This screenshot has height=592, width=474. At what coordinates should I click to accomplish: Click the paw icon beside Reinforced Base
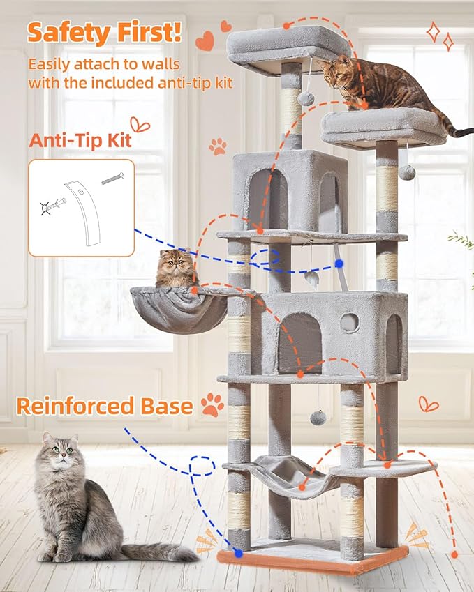pos(212,404)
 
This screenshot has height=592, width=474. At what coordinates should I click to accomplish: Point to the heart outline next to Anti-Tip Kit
pos(140,126)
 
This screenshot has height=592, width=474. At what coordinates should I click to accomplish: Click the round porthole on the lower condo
pos(349,322)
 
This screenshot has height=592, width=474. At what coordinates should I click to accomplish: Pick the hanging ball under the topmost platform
pos(306,98)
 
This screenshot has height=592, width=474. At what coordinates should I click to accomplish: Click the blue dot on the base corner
pos(239,553)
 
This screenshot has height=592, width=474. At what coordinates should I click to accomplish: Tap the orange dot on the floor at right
pos(455,554)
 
